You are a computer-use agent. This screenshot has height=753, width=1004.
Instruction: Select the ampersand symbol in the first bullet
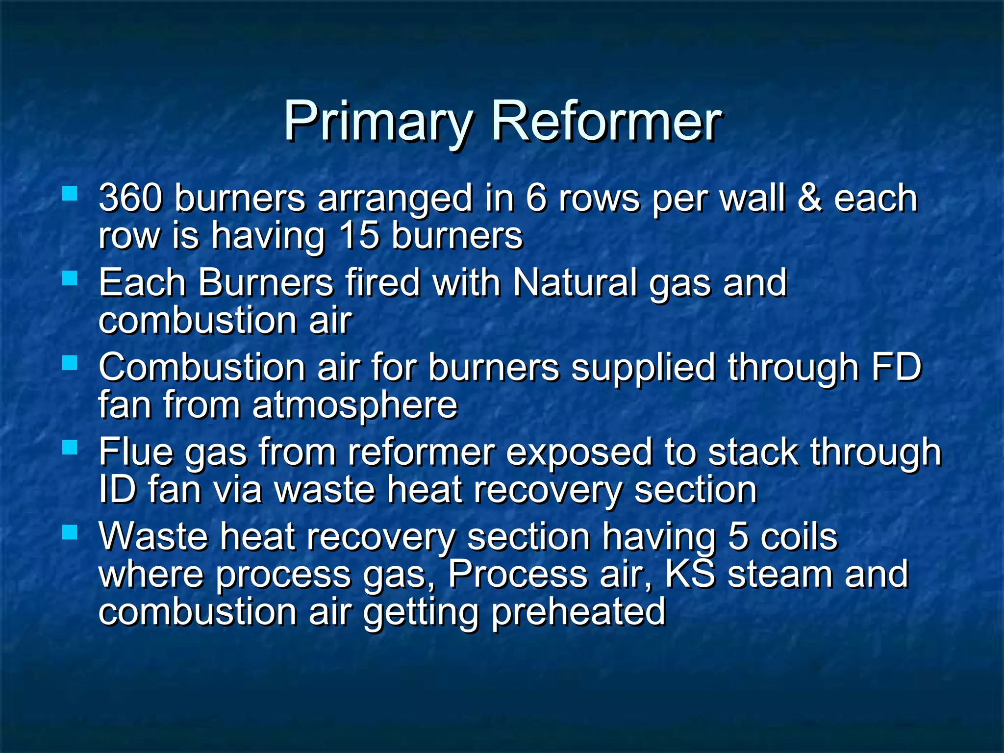click(809, 198)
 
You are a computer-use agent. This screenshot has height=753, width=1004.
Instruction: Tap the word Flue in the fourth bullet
click(135, 452)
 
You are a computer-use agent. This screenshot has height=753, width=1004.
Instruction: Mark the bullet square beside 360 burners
click(70, 193)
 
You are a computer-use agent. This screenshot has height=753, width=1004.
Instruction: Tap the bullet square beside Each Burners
click(70, 278)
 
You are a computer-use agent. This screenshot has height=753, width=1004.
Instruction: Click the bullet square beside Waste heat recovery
click(70, 532)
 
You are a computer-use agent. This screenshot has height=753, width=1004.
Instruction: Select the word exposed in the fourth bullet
click(578, 452)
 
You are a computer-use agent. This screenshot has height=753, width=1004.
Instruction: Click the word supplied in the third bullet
click(643, 368)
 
